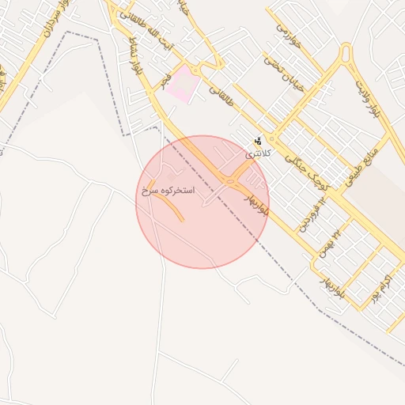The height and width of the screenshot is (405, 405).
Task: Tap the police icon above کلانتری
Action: tap(258, 140)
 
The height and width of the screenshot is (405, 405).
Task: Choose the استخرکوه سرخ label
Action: tap(168, 191)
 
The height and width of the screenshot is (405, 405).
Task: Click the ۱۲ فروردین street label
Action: tap(314, 214)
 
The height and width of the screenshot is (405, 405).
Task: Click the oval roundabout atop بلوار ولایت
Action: tap(345, 55)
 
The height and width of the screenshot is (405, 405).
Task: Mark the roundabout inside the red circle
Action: tap(229, 182)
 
